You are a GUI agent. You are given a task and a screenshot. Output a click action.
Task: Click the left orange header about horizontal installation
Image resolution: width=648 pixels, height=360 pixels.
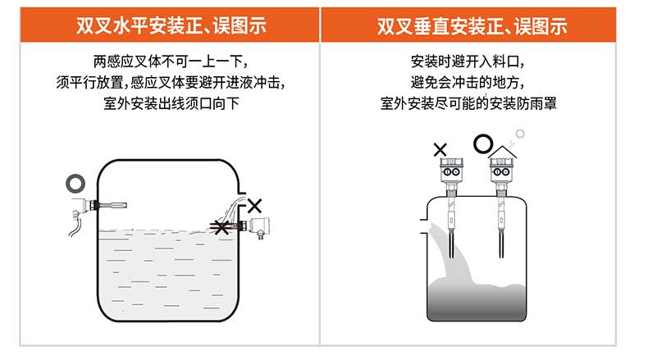tap(162, 25)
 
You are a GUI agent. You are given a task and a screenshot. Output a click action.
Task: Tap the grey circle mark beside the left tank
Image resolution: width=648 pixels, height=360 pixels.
tap(75, 181)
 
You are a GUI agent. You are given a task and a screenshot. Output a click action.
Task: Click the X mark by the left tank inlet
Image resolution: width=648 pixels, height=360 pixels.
tap(256, 205)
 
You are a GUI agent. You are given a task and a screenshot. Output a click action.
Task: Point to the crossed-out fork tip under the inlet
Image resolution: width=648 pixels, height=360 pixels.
tap(220, 227)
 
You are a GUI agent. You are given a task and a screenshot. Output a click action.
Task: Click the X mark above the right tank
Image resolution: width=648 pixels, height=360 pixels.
tap(440, 149)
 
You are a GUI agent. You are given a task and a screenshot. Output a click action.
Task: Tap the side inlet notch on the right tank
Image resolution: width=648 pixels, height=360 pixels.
tap(423, 221)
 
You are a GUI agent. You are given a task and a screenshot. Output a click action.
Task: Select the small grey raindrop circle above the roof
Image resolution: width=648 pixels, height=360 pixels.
tap(518, 140)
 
